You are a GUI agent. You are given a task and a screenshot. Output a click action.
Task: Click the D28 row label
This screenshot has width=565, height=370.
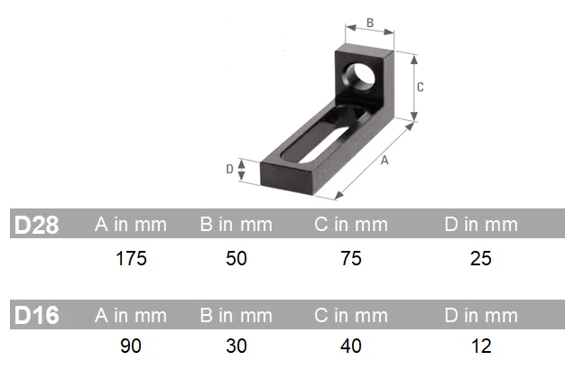[37, 225]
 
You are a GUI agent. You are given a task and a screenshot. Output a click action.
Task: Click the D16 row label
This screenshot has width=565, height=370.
[37, 315]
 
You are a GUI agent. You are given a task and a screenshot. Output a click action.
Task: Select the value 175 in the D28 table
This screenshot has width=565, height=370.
[131, 259]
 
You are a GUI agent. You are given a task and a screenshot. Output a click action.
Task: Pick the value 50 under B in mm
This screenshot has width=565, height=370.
[236, 259]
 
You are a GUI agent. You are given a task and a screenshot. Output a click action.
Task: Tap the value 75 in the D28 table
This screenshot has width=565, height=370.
[351, 259]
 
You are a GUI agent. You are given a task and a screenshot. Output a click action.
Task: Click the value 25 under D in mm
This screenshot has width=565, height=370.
[481, 259]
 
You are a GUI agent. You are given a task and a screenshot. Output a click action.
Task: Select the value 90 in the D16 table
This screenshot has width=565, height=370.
[131, 347]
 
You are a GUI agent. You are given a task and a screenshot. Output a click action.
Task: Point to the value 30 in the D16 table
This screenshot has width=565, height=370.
[236, 347]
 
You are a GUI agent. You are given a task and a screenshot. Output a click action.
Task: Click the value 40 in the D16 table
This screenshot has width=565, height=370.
[351, 347]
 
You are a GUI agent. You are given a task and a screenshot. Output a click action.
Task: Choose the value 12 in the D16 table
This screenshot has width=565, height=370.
[481, 347]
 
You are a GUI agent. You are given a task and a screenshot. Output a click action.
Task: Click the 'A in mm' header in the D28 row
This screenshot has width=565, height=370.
[131, 225]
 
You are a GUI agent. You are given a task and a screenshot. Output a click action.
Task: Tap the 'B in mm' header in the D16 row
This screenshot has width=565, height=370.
[236, 315]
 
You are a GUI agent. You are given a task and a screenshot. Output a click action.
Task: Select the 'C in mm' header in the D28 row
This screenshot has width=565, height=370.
[351, 225]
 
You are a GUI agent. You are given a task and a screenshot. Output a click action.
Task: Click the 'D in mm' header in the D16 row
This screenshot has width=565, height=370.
[481, 315]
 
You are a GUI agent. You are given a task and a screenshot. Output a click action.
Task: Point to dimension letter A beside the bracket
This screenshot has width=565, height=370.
[384, 161]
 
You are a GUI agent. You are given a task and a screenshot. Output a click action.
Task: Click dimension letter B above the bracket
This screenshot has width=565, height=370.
[370, 23]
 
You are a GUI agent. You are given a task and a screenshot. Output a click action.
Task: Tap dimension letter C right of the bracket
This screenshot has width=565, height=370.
[420, 87]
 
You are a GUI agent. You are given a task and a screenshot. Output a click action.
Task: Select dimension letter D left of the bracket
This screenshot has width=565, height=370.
[229, 168]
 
